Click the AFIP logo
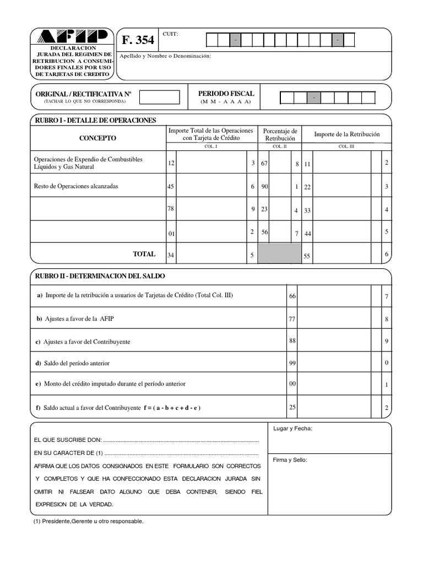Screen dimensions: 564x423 [73, 37]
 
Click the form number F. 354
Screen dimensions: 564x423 [137, 40]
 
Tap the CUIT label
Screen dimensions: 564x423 [170, 34]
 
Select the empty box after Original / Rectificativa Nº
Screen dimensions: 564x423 [159, 97]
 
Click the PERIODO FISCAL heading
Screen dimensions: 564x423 [226, 94]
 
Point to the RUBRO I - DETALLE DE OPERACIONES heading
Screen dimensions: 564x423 [95, 120]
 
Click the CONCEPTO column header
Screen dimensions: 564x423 [97, 138]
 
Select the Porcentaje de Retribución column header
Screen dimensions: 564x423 [280, 134]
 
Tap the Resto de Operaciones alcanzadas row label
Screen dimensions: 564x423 [76, 186]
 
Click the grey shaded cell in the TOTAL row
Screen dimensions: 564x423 [280, 254]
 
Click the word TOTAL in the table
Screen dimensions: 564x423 [144, 254]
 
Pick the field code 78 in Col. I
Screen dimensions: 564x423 [171, 209]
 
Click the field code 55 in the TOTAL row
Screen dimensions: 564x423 [307, 257]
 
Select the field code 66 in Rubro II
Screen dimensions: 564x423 [292, 296]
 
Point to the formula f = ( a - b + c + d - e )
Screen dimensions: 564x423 [172, 408]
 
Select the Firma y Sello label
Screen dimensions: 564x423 [290, 459]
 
